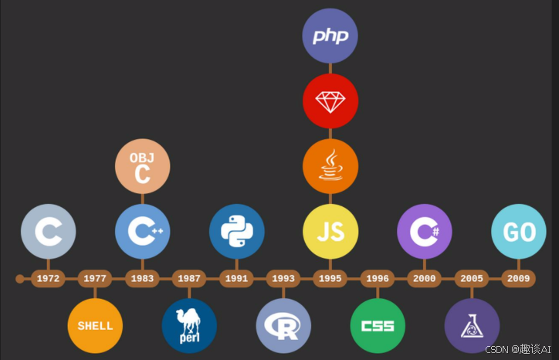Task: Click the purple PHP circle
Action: pos(330,36)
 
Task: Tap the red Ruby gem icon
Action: pos(330,101)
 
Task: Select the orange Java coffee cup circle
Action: pos(330,166)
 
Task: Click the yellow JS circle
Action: pos(330,231)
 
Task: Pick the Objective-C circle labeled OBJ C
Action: pos(143,166)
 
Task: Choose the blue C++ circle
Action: pos(143,231)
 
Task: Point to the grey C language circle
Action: pos(49,231)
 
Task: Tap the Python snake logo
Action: pos(237,231)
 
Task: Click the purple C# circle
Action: pos(425,231)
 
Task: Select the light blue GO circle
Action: pos(519,231)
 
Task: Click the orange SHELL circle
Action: pos(95,325)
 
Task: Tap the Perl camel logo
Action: pos(190,325)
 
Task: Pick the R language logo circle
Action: pos(283,325)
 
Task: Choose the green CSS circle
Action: pos(378,325)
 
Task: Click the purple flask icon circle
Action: pos(472,325)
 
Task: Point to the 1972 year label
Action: pos(48,279)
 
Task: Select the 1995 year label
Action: pos(330,279)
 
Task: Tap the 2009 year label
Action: pos(518,279)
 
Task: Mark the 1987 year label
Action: pos(189,279)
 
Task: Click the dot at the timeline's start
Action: pos(20,279)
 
